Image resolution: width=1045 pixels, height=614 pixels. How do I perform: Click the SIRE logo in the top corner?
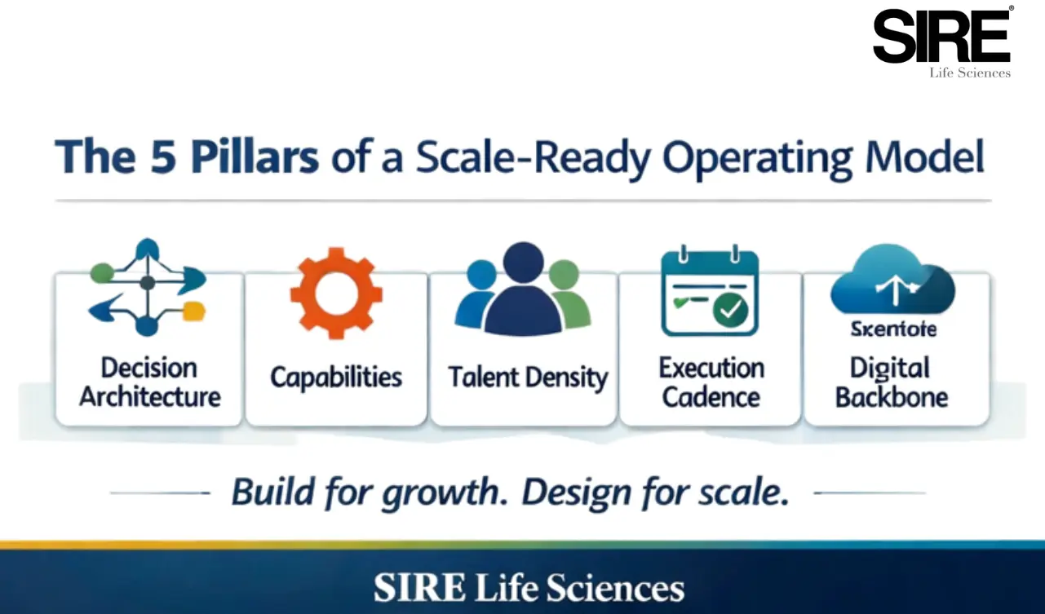pyautogui.click(x=941, y=36)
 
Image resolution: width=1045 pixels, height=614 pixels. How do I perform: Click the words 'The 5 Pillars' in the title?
pyautogui.click(x=186, y=158)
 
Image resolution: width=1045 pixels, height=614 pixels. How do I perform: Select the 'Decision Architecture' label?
pyautogui.click(x=149, y=382)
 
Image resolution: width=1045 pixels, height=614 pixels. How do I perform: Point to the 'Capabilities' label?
pyautogui.click(x=336, y=378)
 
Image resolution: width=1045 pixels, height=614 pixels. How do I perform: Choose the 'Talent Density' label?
pyautogui.click(x=528, y=378)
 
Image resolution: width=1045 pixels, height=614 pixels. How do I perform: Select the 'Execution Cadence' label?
pyautogui.click(x=711, y=382)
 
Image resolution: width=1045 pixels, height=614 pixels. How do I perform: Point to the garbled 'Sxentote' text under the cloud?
pyautogui.click(x=893, y=329)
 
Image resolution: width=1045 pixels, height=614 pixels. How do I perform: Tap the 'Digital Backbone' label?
pyautogui.click(x=892, y=382)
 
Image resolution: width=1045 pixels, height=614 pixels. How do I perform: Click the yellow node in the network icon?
pyautogui.click(x=194, y=311)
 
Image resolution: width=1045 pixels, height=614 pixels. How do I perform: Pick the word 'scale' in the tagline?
pyautogui.click(x=746, y=493)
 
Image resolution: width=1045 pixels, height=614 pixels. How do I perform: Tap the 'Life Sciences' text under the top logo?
pyautogui.click(x=970, y=73)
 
